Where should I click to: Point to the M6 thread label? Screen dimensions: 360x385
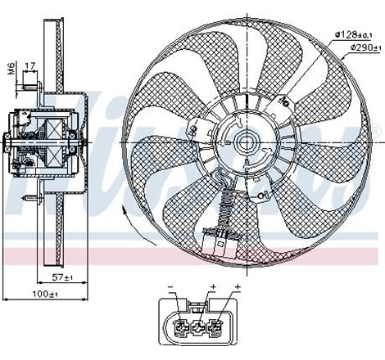(11, 68)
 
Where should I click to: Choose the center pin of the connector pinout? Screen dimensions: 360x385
(198, 330)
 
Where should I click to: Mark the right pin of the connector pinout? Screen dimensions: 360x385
(216, 330)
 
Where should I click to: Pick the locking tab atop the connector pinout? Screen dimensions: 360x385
(198, 304)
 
